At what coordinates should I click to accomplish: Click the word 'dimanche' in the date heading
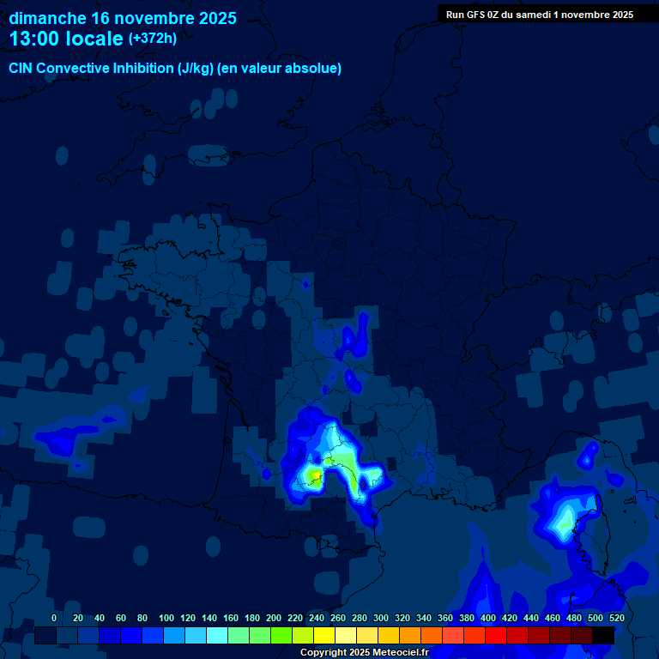tap(47, 18)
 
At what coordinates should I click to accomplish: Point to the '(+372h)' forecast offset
tap(153, 39)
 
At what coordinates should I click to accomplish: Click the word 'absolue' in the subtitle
tap(315, 69)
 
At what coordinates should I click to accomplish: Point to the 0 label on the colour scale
tap(54, 618)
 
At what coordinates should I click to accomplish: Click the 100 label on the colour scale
tap(166, 618)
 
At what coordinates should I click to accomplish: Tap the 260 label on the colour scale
tap(338, 618)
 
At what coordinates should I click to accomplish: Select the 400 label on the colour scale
tap(488, 618)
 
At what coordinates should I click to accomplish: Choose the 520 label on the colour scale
tap(616, 618)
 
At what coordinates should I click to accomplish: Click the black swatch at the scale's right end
tap(603, 635)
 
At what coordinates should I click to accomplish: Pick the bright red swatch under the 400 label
tap(496, 635)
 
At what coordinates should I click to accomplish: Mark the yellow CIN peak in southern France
tap(316, 475)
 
